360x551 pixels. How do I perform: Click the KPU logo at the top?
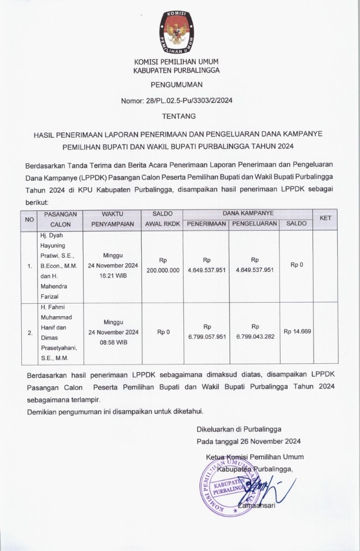(x=179, y=31)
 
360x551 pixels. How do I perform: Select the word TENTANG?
(x=179, y=117)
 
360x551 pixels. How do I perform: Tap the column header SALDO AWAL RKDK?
(x=162, y=219)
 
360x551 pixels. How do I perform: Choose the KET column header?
(x=325, y=218)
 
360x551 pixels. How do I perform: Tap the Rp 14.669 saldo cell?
(x=297, y=331)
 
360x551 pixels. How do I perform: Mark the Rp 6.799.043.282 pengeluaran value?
(x=255, y=332)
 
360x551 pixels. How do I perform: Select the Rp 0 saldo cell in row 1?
(x=297, y=265)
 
